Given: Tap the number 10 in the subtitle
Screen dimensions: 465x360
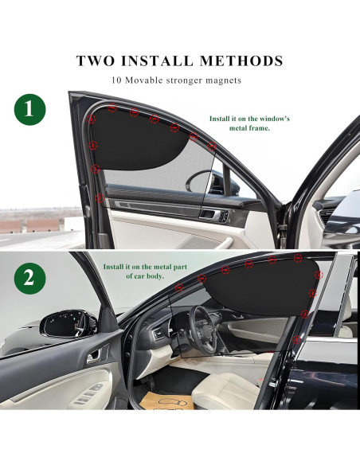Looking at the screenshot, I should click(117, 80).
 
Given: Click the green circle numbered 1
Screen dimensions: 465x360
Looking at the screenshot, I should click(29, 110).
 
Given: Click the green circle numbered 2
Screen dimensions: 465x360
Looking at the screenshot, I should click(29, 278).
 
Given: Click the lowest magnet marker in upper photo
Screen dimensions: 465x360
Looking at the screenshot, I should click(100, 197).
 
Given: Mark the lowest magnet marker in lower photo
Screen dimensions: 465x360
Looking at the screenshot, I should click(296, 338).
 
